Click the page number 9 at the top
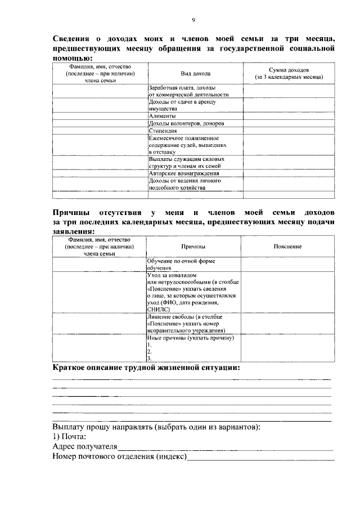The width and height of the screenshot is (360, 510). [x=193, y=20]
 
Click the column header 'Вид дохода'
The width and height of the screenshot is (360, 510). [x=196, y=74]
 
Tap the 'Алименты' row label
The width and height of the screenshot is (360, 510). [x=162, y=116]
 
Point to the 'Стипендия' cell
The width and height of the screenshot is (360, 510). [x=163, y=131]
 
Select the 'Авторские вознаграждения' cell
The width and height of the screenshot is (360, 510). [x=183, y=174]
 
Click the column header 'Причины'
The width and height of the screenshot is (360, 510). [x=193, y=247]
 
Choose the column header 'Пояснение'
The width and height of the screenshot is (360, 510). [x=287, y=247]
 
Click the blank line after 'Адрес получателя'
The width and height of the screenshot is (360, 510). [x=225, y=448]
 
